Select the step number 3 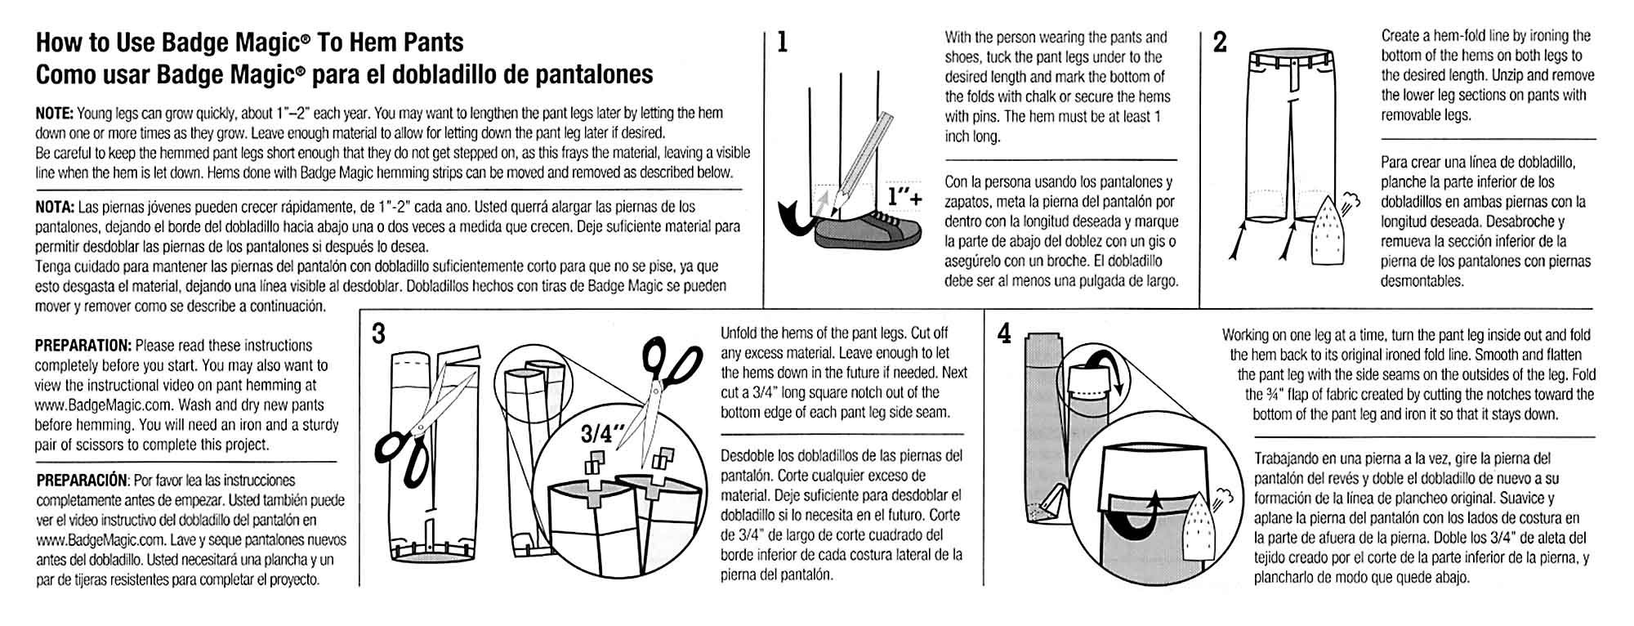tap(378, 333)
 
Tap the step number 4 tap(1005, 333)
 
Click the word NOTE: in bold tap(55, 113)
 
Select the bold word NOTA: tap(55, 207)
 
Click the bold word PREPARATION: tap(83, 346)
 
